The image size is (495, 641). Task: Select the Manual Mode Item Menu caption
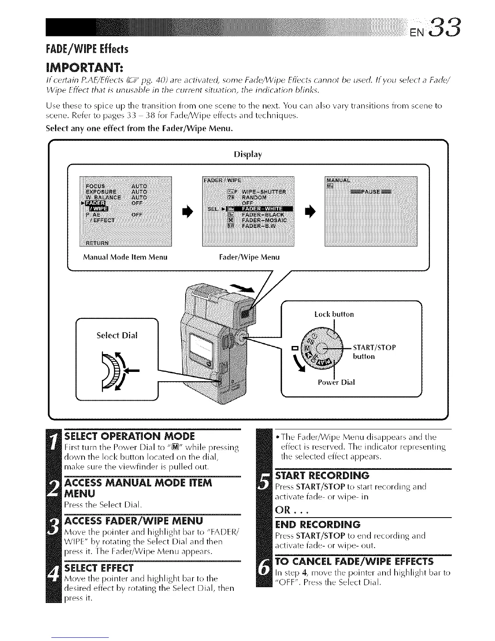[125, 257]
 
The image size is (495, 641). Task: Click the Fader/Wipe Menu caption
[249, 257]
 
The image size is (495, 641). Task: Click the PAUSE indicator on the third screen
[371, 192]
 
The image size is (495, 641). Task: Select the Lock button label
[334, 314]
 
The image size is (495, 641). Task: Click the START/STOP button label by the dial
[374, 352]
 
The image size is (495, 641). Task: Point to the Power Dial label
[336, 382]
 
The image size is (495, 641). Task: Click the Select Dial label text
[117, 335]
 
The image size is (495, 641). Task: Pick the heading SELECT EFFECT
[99, 567]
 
